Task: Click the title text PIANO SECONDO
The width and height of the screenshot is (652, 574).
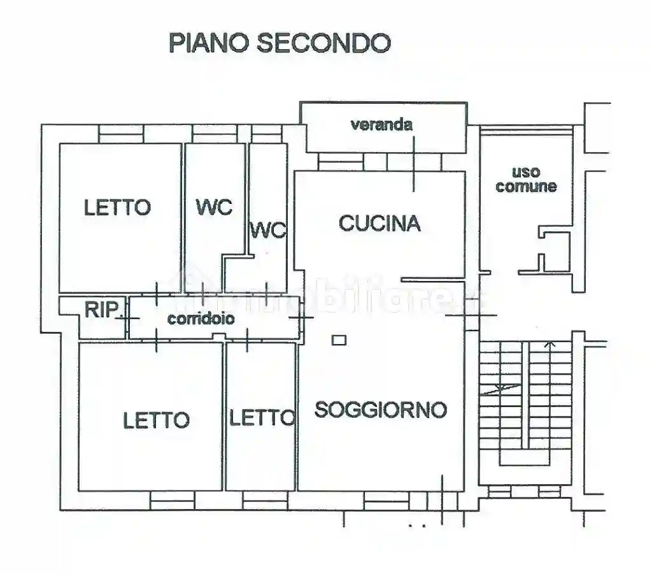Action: tap(280, 42)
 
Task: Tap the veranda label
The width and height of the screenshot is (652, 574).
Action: tap(381, 124)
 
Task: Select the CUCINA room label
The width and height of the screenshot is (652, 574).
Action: tap(379, 223)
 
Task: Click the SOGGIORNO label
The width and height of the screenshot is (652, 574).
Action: tap(381, 409)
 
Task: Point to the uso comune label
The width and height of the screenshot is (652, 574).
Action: tap(526, 179)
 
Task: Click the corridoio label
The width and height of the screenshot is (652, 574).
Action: tap(201, 319)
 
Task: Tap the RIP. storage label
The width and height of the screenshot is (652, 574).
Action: tap(103, 310)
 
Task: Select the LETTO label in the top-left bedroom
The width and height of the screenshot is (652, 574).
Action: tap(118, 208)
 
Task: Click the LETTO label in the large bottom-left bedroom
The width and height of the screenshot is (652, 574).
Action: tap(156, 420)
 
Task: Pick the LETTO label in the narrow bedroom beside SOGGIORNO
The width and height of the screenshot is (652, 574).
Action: tap(262, 419)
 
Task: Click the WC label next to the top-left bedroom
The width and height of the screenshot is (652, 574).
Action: tap(214, 208)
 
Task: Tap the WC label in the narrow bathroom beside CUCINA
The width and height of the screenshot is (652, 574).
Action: tap(268, 231)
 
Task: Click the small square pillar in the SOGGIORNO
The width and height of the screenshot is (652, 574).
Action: tap(339, 340)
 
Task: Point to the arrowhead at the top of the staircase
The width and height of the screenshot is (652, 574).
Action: tap(549, 345)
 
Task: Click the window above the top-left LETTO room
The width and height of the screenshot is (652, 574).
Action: tap(121, 133)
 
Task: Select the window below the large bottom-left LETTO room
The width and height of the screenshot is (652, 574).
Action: tap(172, 501)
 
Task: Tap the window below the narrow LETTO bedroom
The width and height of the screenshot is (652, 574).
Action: tap(265, 501)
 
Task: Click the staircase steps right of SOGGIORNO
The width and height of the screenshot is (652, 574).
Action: tap(525, 401)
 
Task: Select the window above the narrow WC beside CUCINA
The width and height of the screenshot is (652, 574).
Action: tap(267, 133)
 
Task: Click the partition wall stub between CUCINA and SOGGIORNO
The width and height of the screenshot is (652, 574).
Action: tap(433, 279)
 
